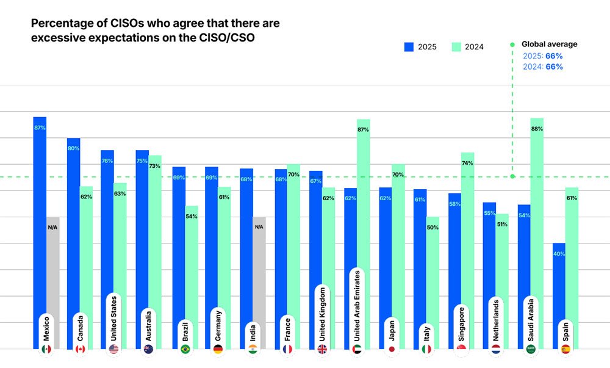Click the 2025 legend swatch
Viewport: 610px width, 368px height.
[409, 47]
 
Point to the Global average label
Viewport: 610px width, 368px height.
[549, 44]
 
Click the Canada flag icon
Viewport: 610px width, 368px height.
[80, 349]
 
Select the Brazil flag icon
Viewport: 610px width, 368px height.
[185, 349]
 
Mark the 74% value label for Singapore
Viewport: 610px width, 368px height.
[467, 164]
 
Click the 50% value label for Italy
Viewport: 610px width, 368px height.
[432, 227]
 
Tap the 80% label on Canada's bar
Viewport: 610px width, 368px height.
[73, 148]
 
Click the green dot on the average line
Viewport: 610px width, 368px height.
[512, 176]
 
